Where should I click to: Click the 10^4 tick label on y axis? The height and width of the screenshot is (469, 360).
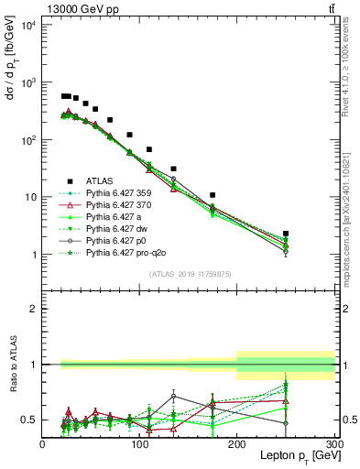point(27,25)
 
